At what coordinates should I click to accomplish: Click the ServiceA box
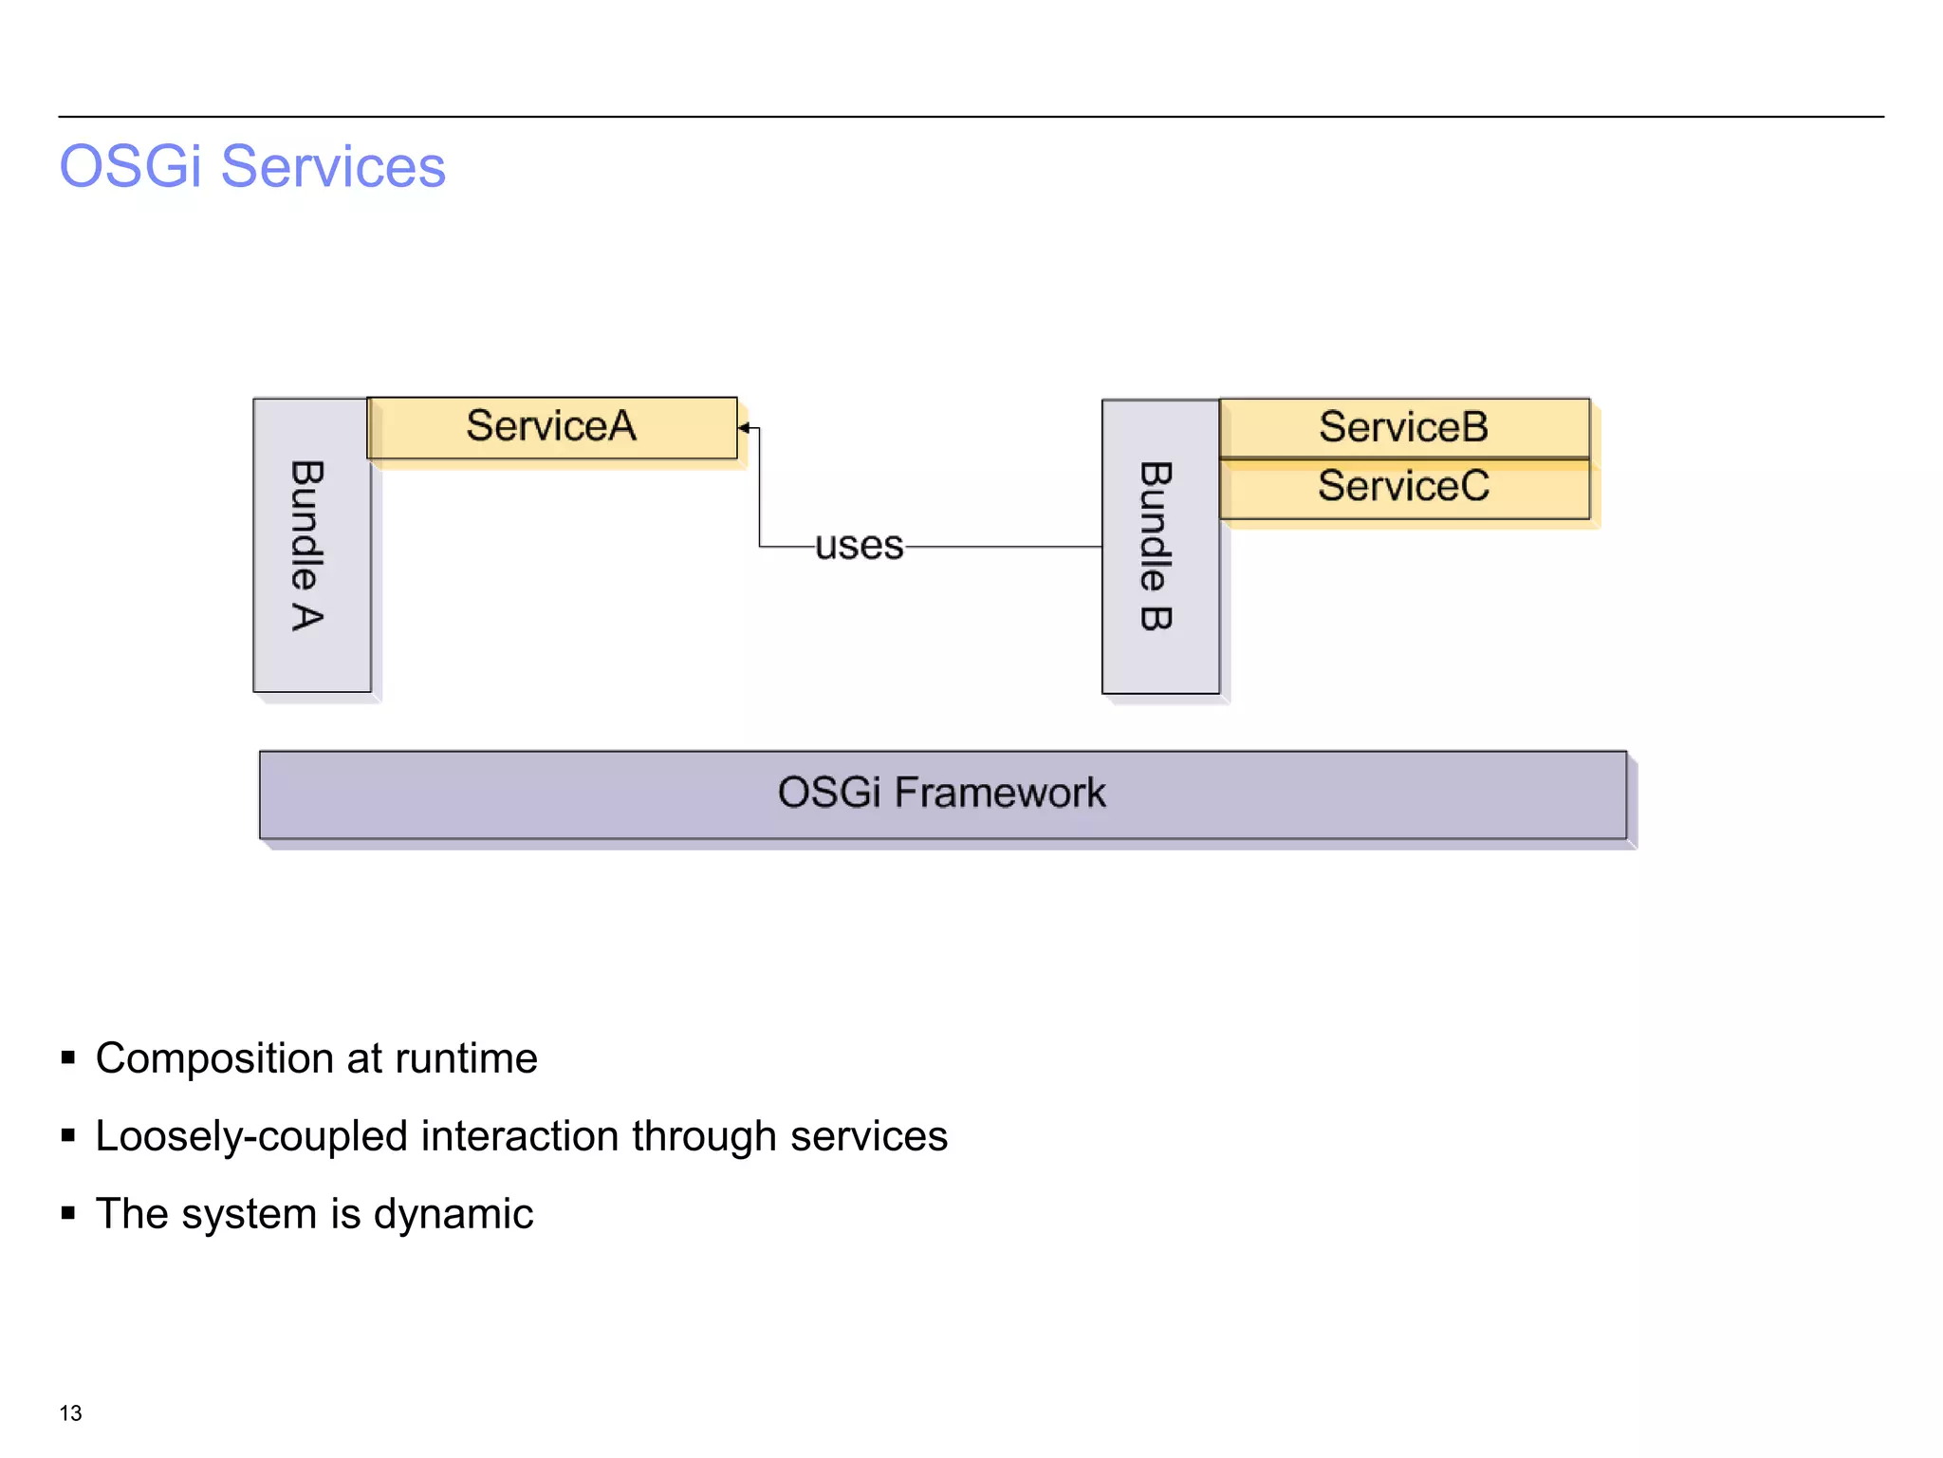[x=551, y=427]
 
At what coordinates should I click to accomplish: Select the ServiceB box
[x=1403, y=427]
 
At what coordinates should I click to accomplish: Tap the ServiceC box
[x=1403, y=488]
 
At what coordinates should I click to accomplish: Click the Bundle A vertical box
[x=311, y=545]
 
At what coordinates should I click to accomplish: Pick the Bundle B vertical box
[x=1159, y=547]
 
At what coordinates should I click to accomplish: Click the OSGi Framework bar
[x=942, y=794]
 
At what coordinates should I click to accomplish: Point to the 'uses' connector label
[x=860, y=546]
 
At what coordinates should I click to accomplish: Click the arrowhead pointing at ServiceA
[x=744, y=428]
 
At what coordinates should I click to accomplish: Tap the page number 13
[x=70, y=1413]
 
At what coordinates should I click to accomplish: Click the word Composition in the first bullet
[x=214, y=1059]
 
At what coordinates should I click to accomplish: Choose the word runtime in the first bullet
[x=466, y=1059]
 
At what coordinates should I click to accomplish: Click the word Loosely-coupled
[x=251, y=1137]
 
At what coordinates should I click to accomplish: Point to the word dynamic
[x=453, y=1215]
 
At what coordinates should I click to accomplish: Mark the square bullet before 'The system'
[x=68, y=1213]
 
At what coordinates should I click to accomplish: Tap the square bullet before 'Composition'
[x=68, y=1057]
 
